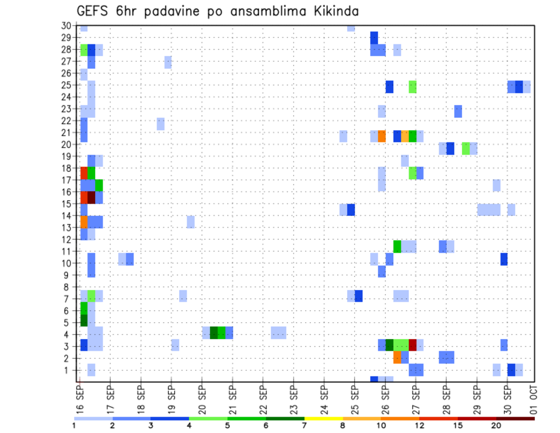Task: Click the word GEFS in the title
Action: click(x=92, y=11)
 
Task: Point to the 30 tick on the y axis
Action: click(x=66, y=25)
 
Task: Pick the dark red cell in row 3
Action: click(x=413, y=345)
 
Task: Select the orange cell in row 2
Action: click(x=397, y=357)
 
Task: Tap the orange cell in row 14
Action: click(x=84, y=222)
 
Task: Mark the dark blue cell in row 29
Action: click(x=374, y=37)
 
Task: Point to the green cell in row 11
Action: click(x=397, y=246)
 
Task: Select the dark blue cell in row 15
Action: click(x=351, y=209)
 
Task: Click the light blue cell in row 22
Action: click(x=160, y=124)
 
